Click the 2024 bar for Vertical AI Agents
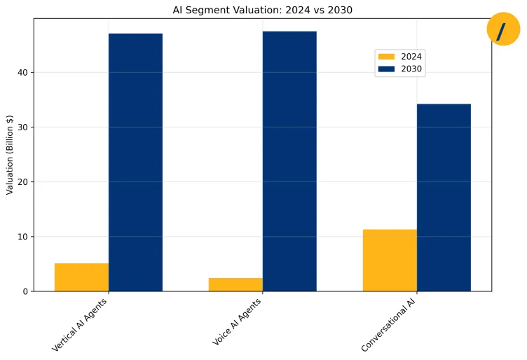click(81, 277)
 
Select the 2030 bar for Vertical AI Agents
click(135, 162)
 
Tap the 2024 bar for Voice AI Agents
click(235, 284)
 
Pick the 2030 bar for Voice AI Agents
click(289, 161)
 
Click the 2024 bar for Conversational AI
click(390, 260)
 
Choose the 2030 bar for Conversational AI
click(444, 198)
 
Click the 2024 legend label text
click(411, 57)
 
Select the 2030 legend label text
click(411, 69)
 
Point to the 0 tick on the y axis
click(25, 291)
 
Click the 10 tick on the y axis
click(22, 237)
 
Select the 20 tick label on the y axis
click(22, 182)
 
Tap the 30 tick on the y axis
click(22, 127)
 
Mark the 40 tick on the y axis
click(22, 73)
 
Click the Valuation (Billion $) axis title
click(10, 155)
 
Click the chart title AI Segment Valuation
click(262, 10)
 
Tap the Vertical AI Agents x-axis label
click(80, 324)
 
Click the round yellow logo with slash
click(502, 29)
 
